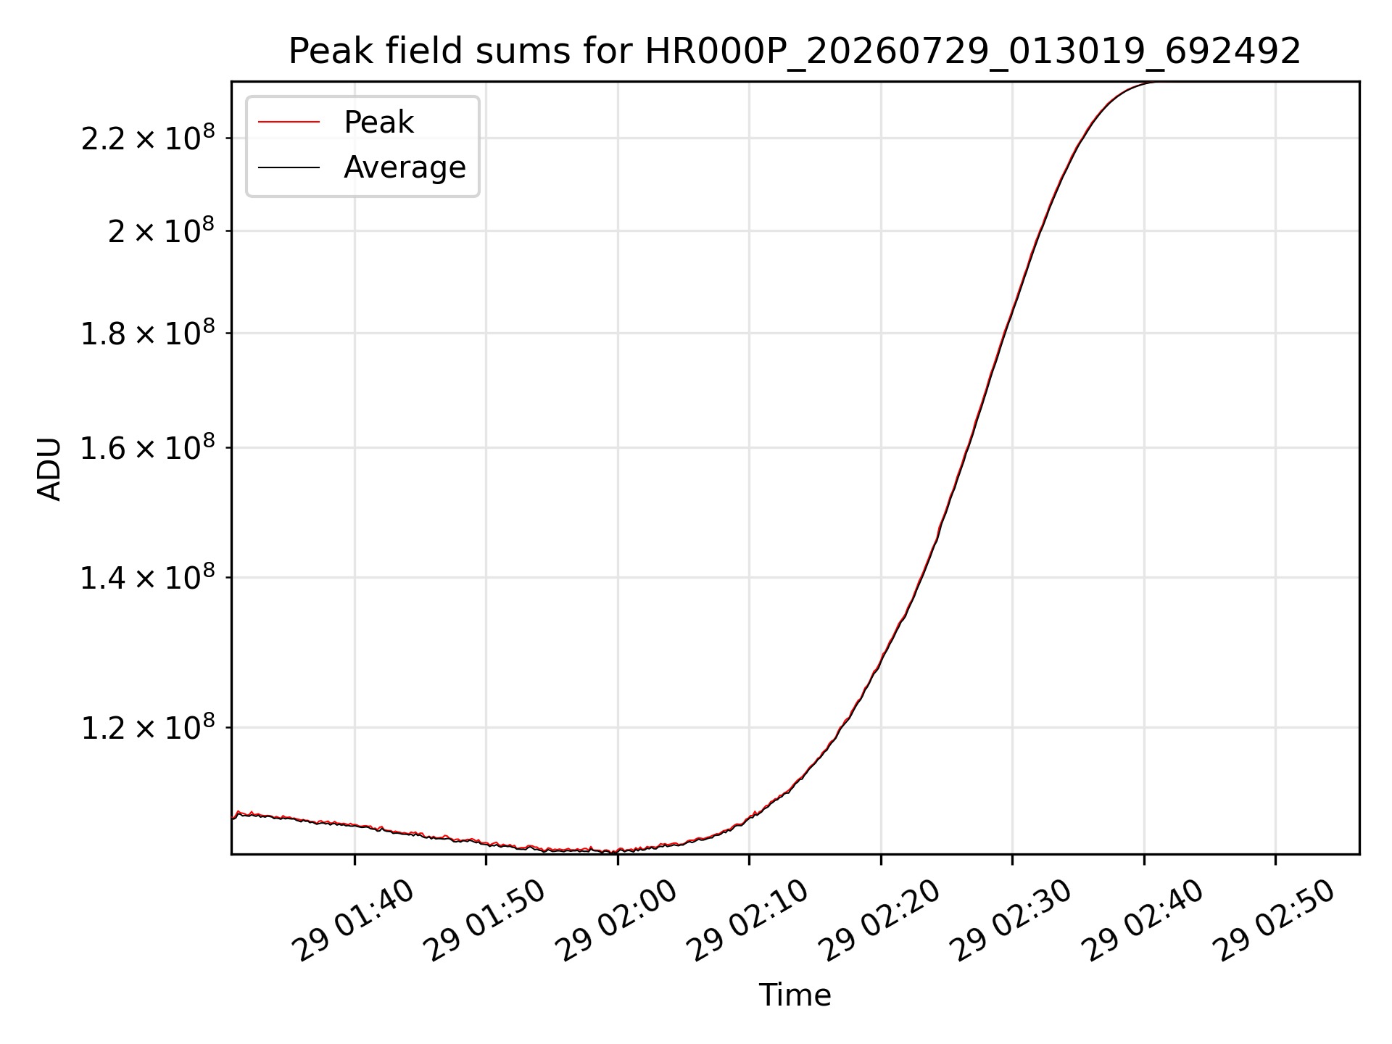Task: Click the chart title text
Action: click(x=795, y=51)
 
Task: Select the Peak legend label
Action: click(x=378, y=123)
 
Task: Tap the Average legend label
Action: click(x=405, y=167)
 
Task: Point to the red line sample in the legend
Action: click(x=289, y=123)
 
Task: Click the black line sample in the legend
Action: click(x=289, y=167)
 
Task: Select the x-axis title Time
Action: click(x=795, y=995)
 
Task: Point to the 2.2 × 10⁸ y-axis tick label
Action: click(x=148, y=137)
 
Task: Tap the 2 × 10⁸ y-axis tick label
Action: click(x=162, y=231)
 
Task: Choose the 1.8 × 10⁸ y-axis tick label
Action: click(x=148, y=333)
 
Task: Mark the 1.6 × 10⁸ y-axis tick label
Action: click(x=148, y=447)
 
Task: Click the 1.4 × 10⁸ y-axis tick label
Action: click(x=148, y=577)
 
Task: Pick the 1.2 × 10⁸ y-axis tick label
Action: click(x=148, y=727)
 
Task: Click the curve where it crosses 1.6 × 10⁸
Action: click(x=967, y=447)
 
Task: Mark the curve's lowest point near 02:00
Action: click(x=613, y=852)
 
